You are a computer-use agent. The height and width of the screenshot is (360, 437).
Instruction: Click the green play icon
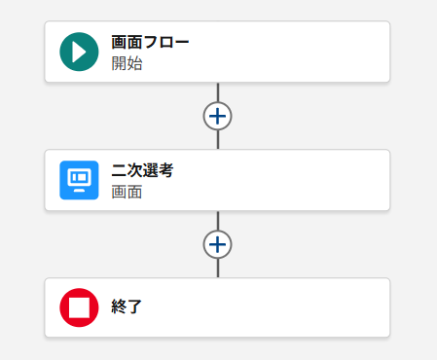79,52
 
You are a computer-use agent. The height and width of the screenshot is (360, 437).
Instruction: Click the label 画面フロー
150,42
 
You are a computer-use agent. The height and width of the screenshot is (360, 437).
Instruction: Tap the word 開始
127,63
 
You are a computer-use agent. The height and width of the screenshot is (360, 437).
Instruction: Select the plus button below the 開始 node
218,116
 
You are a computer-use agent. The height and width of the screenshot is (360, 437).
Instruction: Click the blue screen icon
79,180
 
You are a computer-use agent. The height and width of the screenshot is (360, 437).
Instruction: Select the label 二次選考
143,170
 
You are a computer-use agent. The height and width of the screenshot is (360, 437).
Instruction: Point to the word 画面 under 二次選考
127,192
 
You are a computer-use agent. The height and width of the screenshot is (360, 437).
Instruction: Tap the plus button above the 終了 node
218,244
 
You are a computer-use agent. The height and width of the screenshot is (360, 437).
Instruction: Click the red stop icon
79,307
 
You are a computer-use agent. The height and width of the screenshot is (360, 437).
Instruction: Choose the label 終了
127,307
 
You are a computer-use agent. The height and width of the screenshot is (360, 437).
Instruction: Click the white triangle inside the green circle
80,52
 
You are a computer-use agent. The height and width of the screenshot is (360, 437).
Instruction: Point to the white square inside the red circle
79,307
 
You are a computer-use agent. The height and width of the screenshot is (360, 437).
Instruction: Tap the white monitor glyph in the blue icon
79,180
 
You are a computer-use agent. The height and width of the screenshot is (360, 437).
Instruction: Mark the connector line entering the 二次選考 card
218,140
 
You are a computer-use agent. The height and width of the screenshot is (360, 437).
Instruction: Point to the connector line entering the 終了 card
218,269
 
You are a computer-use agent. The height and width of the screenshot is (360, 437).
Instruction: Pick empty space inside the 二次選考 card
292,180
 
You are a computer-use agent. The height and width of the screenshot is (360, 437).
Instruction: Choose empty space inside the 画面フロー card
292,52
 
